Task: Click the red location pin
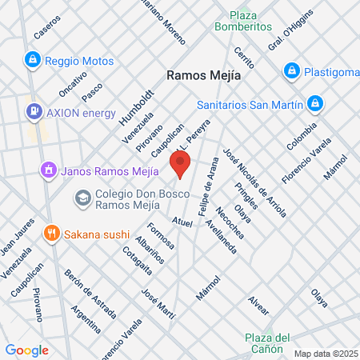click(181, 166)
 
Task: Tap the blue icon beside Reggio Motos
click(32, 59)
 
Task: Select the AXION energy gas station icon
click(34, 111)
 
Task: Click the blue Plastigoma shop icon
click(292, 71)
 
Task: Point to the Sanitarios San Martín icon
click(315, 103)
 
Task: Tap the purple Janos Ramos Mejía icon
click(48, 170)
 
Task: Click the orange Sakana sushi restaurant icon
click(52, 233)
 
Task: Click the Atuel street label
click(182, 222)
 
